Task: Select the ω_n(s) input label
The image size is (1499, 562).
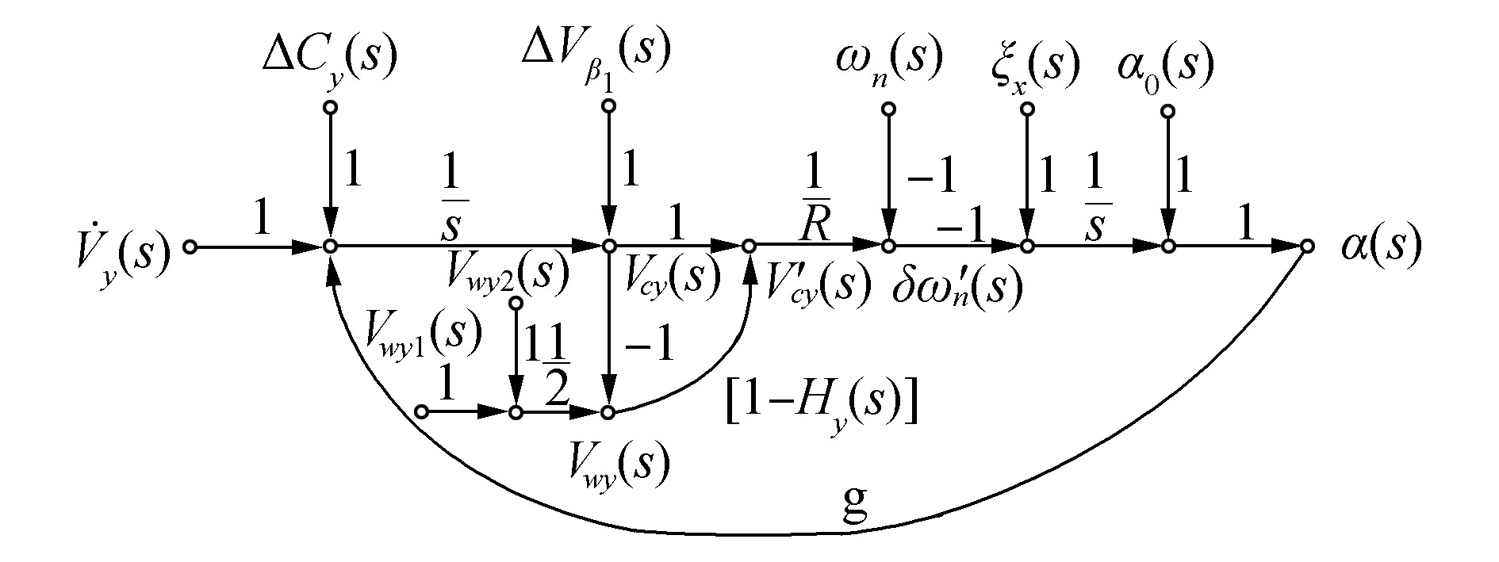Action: pos(888,60)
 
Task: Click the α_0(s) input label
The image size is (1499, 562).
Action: pos(1164,63)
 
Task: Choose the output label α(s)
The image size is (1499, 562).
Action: pos(1380,247)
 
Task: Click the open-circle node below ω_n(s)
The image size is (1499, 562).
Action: pos(889,109)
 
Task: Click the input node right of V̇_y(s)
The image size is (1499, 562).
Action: pos(190,247)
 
